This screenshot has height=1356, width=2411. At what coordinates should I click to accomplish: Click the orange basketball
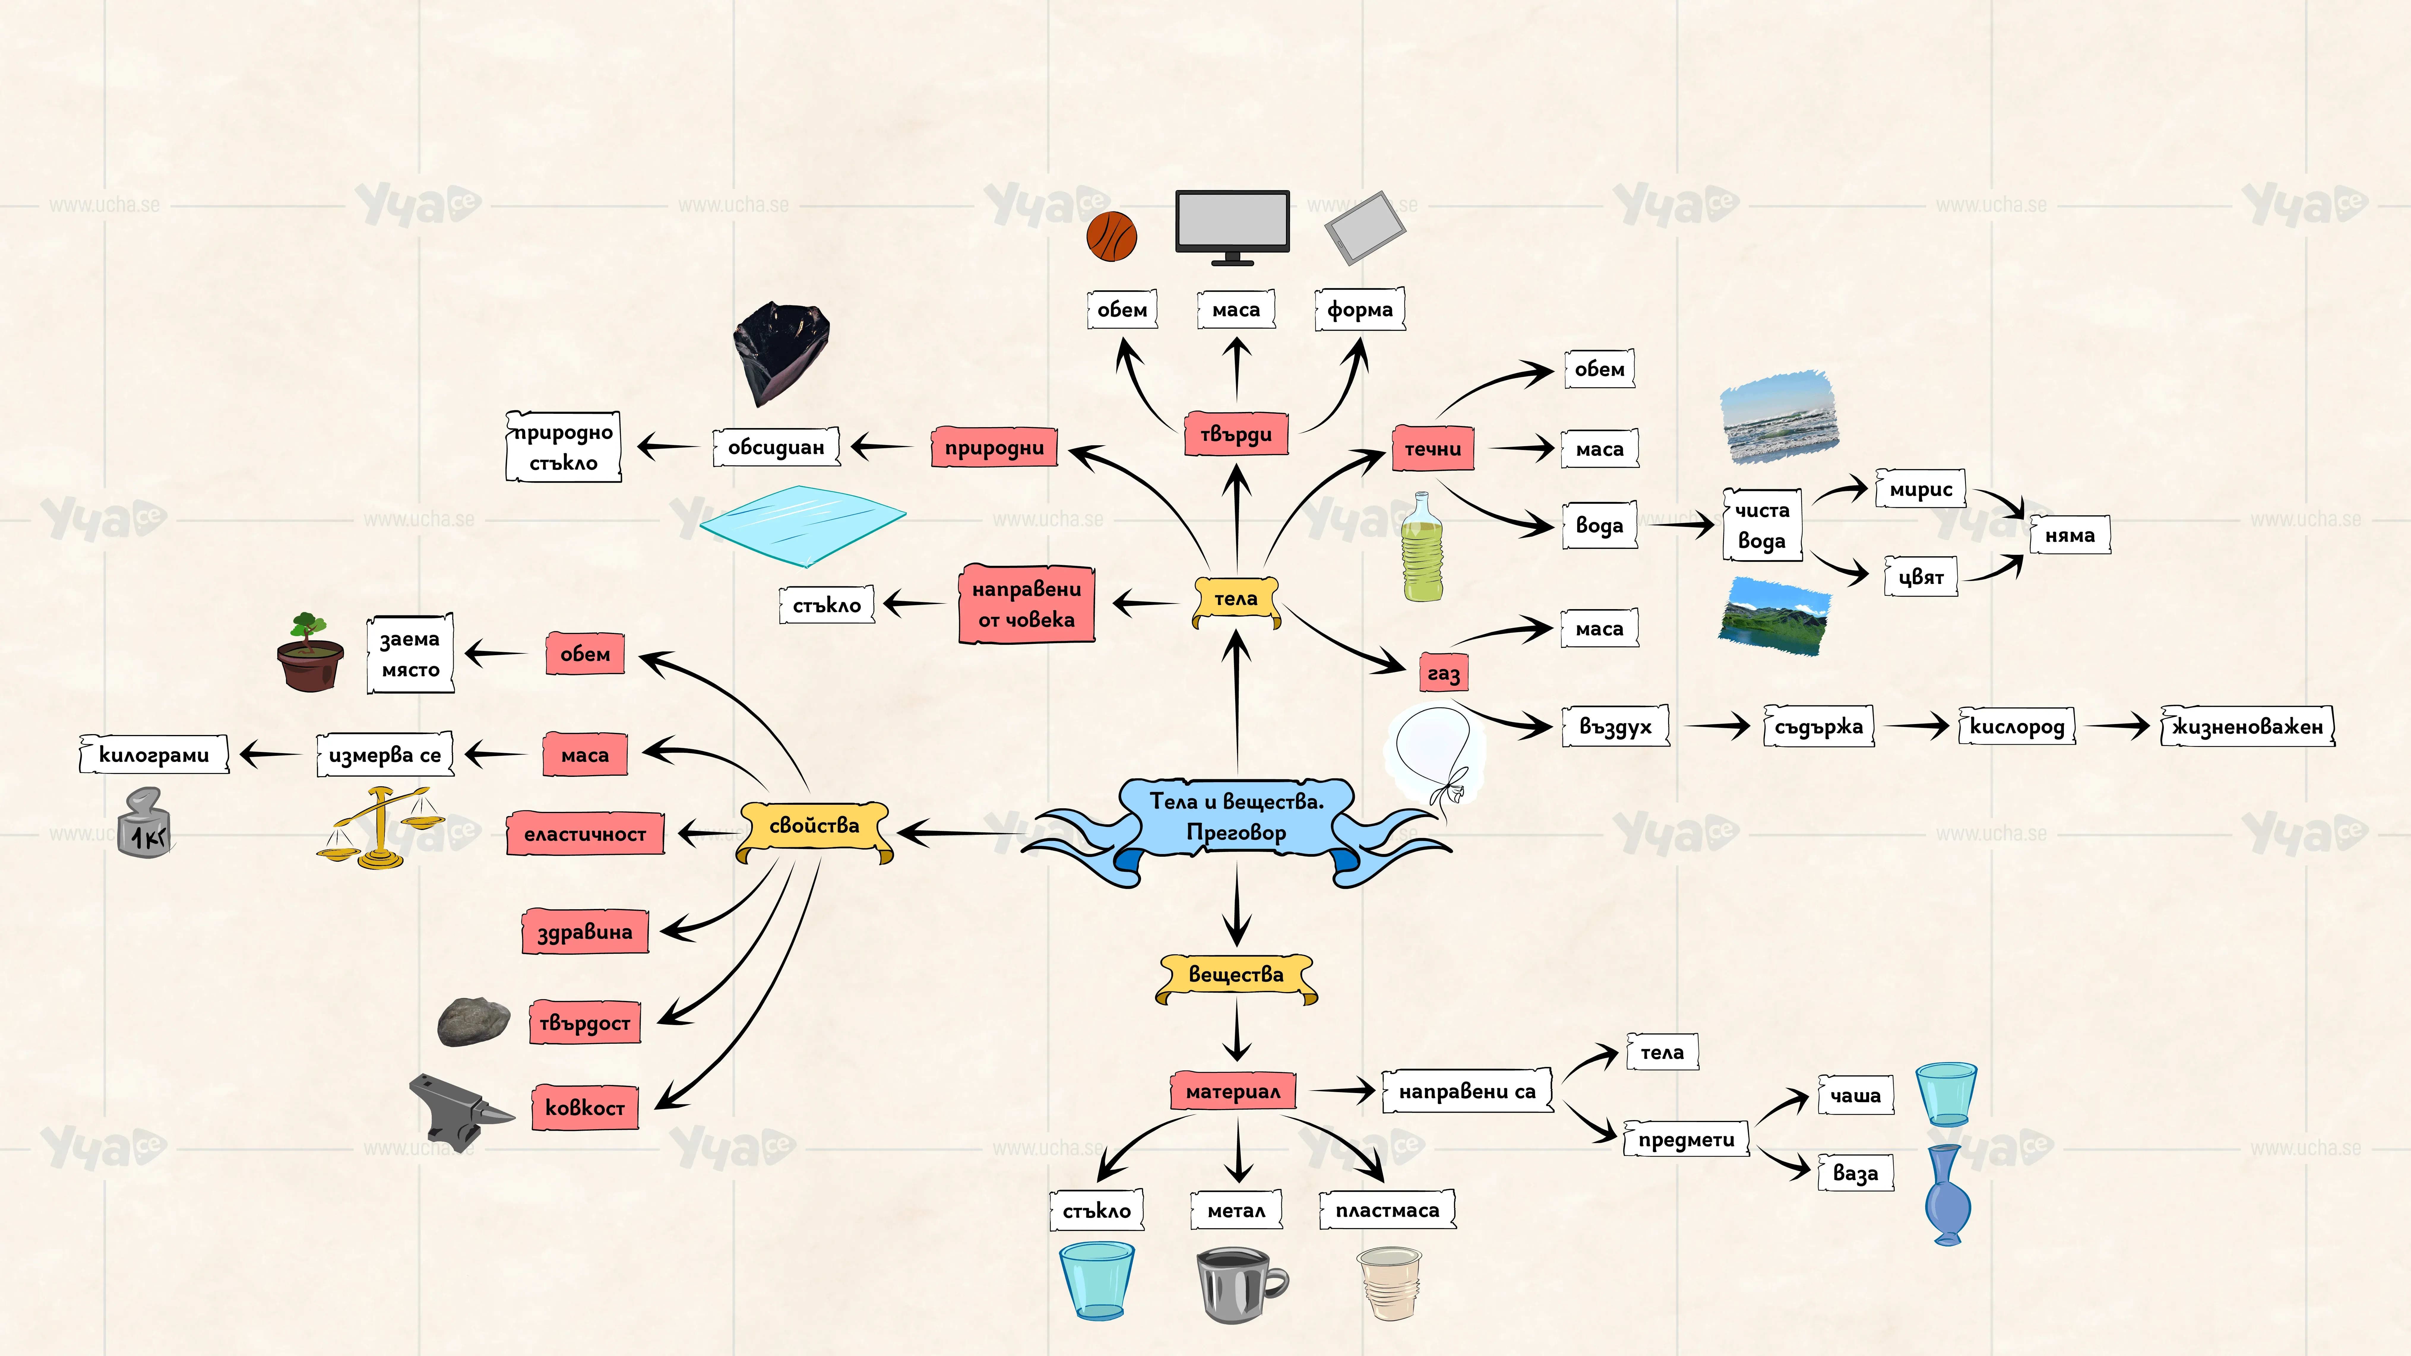(1112, 236)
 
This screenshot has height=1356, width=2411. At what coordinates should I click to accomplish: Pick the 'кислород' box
(2017, 726)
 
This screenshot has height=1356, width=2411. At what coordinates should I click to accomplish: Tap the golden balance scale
(380, 828)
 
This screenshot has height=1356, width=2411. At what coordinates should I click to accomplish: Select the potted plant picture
(310, 652)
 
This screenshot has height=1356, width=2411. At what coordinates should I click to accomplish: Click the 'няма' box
(2069, 535)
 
